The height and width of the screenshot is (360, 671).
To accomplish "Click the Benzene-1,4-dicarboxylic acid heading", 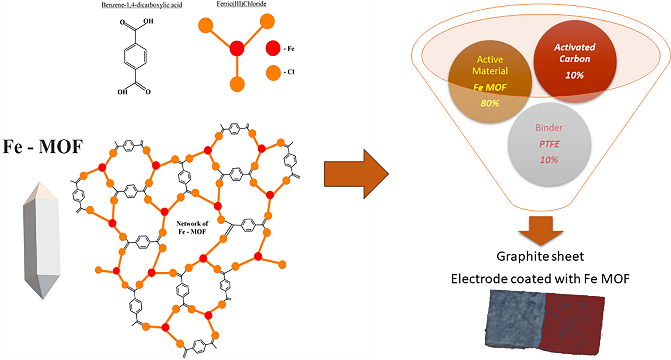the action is point(142,5).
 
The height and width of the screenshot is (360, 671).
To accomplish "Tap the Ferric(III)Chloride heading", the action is point(241,4).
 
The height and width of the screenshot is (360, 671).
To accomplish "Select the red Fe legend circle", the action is point(273,48).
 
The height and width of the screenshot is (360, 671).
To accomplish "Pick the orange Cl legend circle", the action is point(273,73).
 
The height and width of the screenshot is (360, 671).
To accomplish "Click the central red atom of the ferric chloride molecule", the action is point(237,48).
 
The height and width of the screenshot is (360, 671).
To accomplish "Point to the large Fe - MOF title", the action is point(43,147).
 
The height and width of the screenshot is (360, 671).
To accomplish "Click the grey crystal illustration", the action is point(41,241).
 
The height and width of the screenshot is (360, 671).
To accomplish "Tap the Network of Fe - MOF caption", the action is point(192,228).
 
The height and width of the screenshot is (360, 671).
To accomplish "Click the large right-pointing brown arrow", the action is point(356,174).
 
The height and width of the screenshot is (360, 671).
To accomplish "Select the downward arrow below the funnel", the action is point(541,231).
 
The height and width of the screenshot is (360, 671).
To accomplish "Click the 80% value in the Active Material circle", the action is point(490,103).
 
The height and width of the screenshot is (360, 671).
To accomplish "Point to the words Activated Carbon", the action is point(574,53).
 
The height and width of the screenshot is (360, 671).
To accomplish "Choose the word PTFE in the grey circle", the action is point(549,144).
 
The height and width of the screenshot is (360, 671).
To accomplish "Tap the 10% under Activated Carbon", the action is point(574,75).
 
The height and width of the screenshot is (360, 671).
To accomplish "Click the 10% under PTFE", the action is point(549,160).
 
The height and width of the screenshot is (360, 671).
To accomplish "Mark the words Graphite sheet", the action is point(540,256).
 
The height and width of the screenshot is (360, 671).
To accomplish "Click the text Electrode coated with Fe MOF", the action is point(540,279).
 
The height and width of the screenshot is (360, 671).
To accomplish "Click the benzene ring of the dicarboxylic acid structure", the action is point(135,56).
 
